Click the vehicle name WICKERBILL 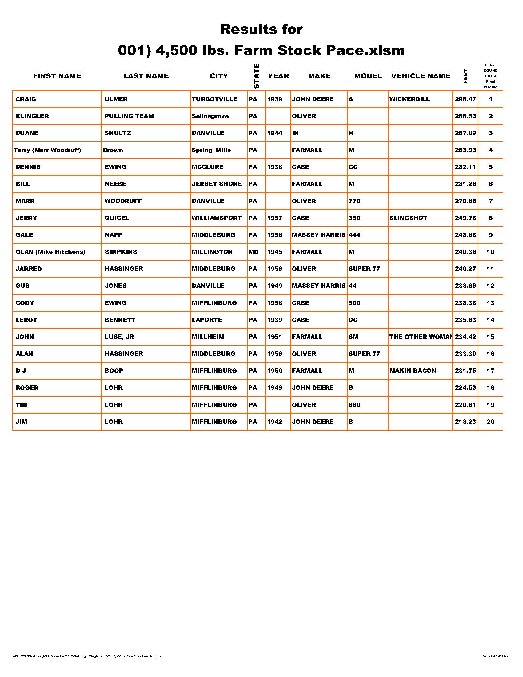(x=409, y=99)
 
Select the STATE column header (x=256, y=76)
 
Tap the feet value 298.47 (x=465, y=99)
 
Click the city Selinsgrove (x=210, y=116)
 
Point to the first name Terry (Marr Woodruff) (x=47, y=150)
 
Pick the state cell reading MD (x=253, y=252)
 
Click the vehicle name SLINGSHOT (x=408, y=218)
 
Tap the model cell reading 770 (x=354, y=201)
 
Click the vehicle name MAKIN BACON (x=412, y=371)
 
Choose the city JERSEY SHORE (x=216, y=184)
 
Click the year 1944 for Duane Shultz (x=274, y=133)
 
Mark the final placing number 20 (x=490, y=422)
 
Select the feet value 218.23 (x=465, y=422)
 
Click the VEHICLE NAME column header (x=421, y=76)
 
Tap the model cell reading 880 (x=354, y=405)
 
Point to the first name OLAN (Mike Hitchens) (x=50, y=252)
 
